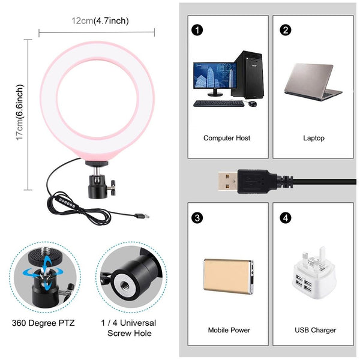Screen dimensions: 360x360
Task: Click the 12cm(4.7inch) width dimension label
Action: [100, 21]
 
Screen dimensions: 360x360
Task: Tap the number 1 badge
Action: [196, 30]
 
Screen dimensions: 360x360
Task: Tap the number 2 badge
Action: [286, 30]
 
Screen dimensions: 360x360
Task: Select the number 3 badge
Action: [196, 217]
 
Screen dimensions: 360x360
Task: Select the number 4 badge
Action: [286, 217]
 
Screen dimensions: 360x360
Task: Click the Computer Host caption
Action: [227, 138]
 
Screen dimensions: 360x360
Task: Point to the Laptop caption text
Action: [313, 138]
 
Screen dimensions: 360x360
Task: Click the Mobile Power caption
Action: [229, 330]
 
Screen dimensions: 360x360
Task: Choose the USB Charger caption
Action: [316, 330]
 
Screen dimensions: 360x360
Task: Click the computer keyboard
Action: [218, 103]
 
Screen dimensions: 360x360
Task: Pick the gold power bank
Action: [228, 277]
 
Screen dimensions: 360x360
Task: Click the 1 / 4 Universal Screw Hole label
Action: [129, 327]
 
